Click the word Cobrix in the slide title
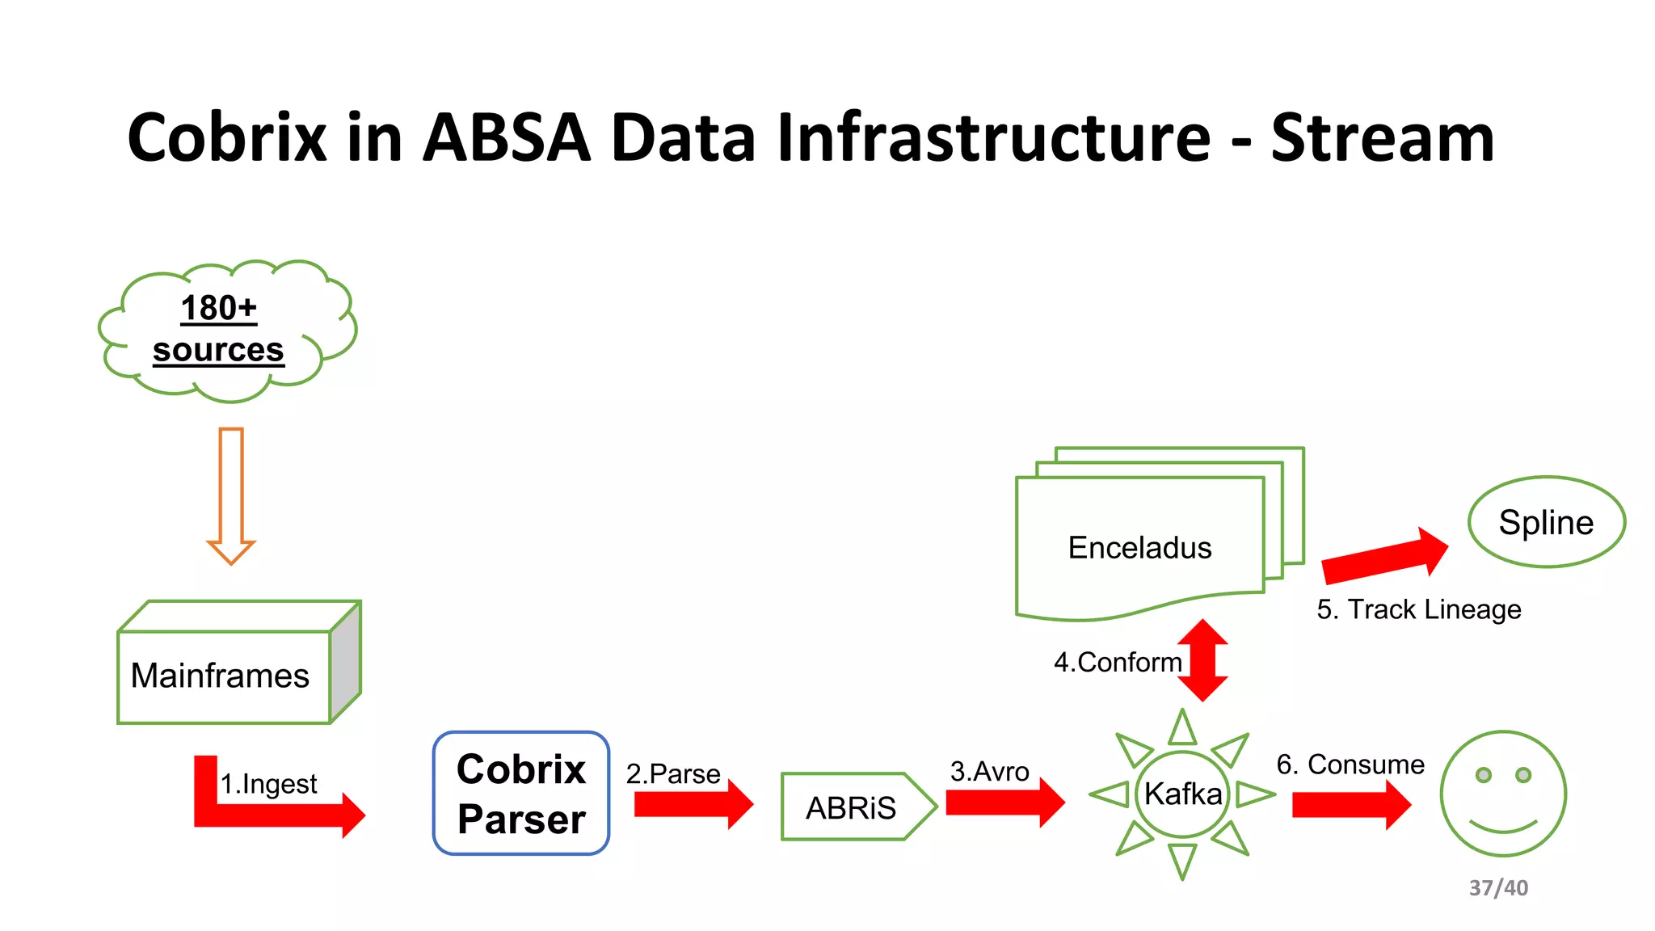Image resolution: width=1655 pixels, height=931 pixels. tap(227, 137)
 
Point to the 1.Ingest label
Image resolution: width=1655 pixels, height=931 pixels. tap(268, 784)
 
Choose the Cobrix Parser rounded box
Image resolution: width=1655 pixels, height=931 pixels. tap(521, 793)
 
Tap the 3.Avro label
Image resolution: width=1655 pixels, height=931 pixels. tap(989, 771)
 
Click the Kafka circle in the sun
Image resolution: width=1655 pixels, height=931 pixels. tap(1182, 794)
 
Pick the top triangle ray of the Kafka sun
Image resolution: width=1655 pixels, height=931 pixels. tap(1182, 730)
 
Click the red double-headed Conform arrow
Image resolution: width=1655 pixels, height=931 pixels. tap(1202, 659)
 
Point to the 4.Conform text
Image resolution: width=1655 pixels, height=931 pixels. tap(1117, 662)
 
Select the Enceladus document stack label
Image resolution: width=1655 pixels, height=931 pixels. tap(1139, 548)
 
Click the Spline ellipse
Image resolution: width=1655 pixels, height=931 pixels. tap(1546, 522)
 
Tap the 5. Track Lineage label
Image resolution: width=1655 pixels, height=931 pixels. tap(1418, 609)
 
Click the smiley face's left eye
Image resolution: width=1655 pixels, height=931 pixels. tap(1483, 775)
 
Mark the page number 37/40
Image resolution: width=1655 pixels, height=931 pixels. tap(1498, 887)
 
